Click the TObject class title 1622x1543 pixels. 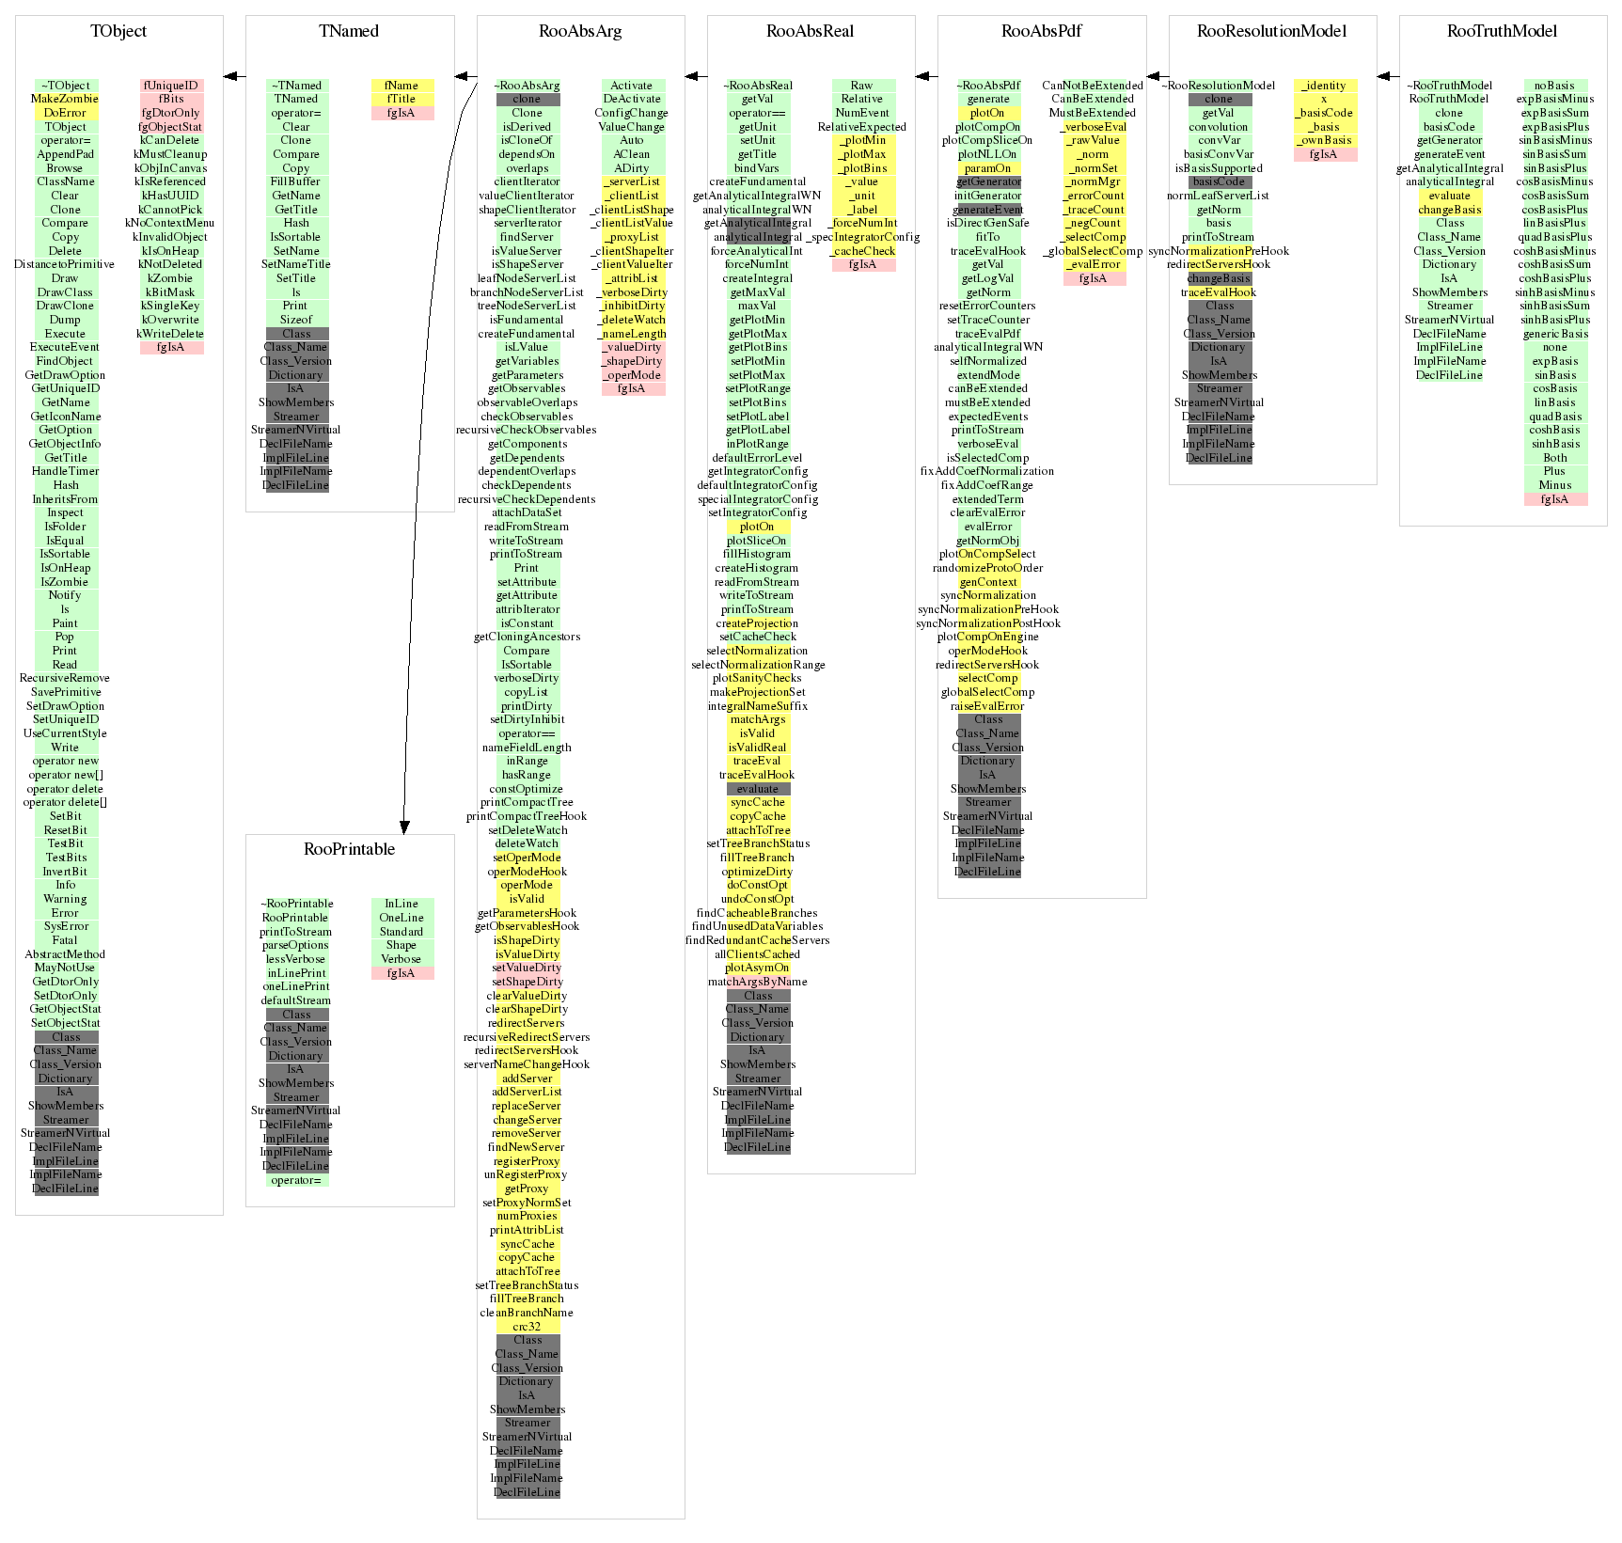(118, 31)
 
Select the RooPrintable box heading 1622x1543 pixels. (349, 849)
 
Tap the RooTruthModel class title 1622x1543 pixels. (1502, 31)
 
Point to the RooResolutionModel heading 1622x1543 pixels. (1271, 31)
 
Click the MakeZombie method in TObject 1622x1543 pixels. (65, 99)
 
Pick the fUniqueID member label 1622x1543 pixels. (171, 86)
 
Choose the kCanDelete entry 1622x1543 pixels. (170, 140)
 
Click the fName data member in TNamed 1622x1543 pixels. (402, 86)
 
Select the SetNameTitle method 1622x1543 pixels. (296, 264)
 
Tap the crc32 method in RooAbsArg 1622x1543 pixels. (527, 1327)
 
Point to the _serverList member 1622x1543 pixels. (633, 181)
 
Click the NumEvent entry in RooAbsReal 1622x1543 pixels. (862, 113)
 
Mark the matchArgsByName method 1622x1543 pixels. (758, 982)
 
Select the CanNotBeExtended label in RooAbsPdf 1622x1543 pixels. (1093, 86)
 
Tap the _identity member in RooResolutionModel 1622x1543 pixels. (1324, 86)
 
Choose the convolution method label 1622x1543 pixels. (1219, 127)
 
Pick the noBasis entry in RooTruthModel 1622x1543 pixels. (1554, 86)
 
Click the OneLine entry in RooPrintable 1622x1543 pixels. (402, 918)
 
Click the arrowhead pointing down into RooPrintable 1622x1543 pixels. (404, 827)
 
